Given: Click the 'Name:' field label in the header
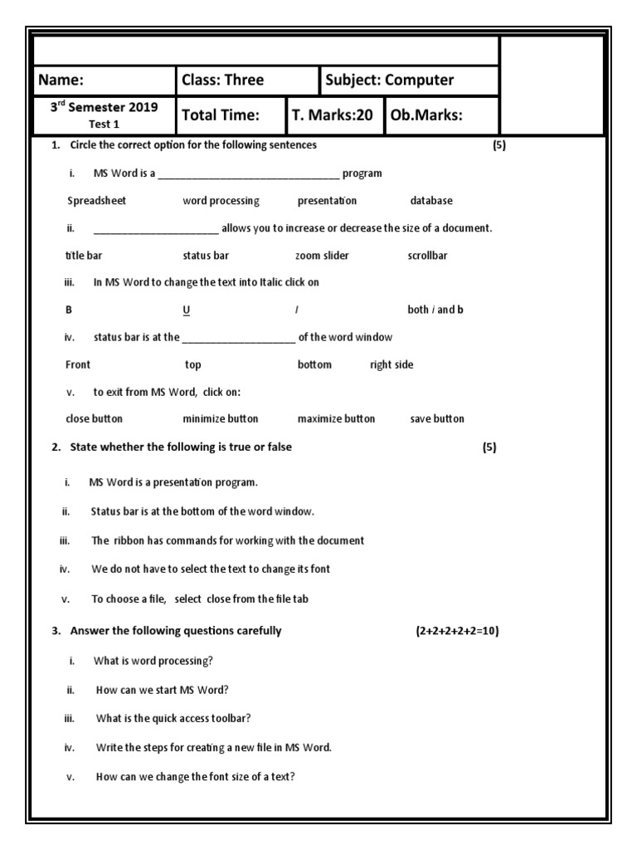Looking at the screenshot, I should [61, 81].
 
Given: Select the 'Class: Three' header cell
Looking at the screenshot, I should [222, 81].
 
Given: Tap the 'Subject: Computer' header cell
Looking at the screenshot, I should [390, 81].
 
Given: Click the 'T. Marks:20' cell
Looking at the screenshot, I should [332, 115].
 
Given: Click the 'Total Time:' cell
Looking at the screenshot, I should [221, 115].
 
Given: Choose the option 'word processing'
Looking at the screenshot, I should [221, 201].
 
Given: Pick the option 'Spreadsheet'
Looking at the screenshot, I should [96, 201].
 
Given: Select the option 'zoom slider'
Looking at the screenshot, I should [322, 256].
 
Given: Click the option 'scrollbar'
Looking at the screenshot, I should [427, 256].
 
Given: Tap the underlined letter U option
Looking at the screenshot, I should [186, 310].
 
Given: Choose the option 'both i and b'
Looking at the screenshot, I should [435, 310].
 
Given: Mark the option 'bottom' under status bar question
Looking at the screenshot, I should [314, 365].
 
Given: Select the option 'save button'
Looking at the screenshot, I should [437, 419].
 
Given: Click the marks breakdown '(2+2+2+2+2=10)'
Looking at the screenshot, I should [457, 631].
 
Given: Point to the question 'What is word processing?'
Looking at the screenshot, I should [153, 662].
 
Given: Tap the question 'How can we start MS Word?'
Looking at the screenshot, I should [163, 690].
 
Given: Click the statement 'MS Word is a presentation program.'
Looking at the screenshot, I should [173, 482].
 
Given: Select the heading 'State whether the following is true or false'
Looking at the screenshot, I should [181, 447].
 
